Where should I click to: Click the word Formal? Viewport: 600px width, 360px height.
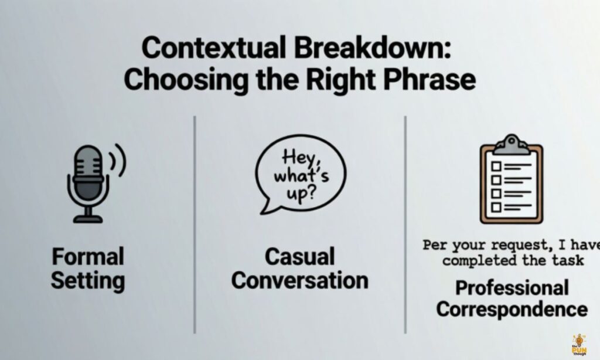pyautogui.click(x=87, y=257)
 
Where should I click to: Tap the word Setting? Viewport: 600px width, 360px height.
pyautogui.click(x=87, y=280)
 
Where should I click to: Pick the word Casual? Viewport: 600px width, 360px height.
pyautogui.click(x=299, y=257)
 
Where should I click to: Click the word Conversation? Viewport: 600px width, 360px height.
pyautogui.click(x=299, y=280)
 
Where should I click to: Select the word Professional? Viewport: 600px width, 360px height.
pyautogui.click(x=512, y=288)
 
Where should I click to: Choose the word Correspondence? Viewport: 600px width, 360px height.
pyautogui.click(x=512, y=309)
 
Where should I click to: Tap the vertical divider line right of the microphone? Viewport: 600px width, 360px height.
pyautogui.click(x=195, y=223)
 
